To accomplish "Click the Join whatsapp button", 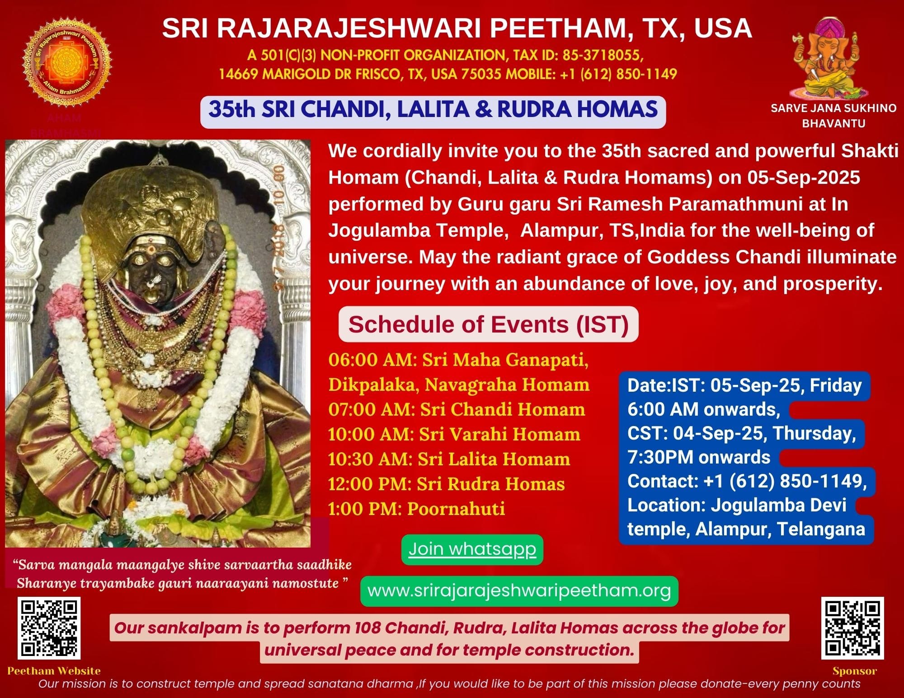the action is pos(472,549).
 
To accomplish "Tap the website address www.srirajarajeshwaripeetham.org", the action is pos(519,590).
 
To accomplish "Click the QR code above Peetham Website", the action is pos(49,628).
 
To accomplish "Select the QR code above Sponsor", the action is pos(852,628).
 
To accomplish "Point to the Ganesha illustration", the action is pos(830,59).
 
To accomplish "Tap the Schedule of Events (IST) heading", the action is pos(489,324).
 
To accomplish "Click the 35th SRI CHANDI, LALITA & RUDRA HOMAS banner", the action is pos(433,110).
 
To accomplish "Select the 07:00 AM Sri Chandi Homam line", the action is pos(457,409).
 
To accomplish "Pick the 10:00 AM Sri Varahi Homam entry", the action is pos(454,434).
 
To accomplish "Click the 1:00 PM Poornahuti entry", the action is pos(416,509).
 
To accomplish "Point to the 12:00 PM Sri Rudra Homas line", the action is pos(447,484).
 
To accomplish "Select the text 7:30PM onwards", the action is pos(699,457).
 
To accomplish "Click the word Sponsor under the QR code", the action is pos(855,671).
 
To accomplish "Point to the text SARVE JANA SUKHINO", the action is pos(833,108).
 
